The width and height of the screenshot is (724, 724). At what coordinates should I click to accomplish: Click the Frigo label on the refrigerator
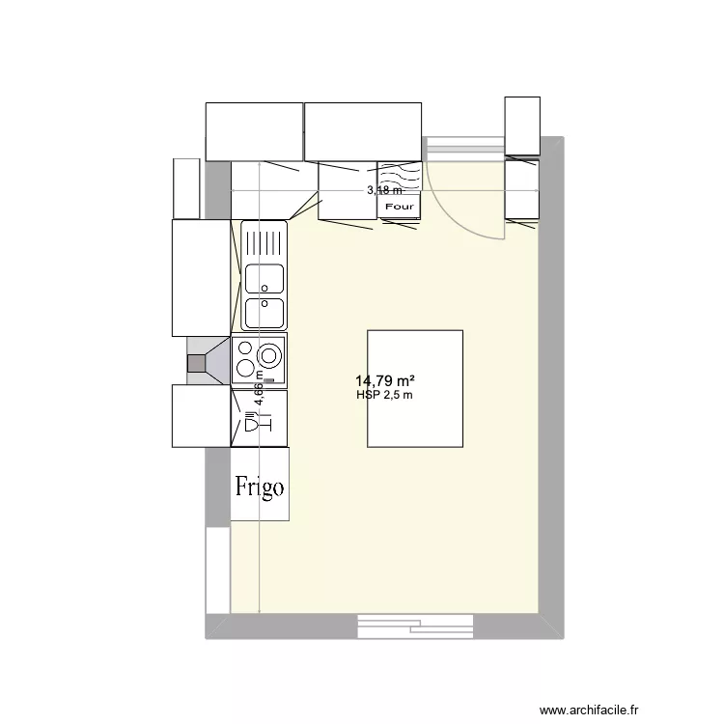260,486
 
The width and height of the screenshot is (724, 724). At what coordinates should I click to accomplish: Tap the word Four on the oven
399,207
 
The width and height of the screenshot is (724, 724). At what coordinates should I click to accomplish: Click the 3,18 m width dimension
384,191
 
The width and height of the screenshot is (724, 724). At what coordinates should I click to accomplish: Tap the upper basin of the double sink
264,278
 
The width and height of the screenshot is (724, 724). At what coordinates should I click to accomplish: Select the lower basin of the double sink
264,313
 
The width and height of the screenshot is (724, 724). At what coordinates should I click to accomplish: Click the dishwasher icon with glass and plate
258,422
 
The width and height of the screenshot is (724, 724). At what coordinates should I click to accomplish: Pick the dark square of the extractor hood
197,363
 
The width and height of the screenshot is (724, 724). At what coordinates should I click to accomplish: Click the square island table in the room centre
414,388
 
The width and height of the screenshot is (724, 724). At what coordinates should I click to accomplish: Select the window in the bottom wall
415,625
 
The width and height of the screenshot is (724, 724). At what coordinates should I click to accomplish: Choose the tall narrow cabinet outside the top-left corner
185,188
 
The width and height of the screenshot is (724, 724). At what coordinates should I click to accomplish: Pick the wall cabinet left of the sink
200,277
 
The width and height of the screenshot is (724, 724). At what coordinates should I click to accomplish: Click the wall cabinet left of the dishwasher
201,416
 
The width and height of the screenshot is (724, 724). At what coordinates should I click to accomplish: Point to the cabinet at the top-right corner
522,125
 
